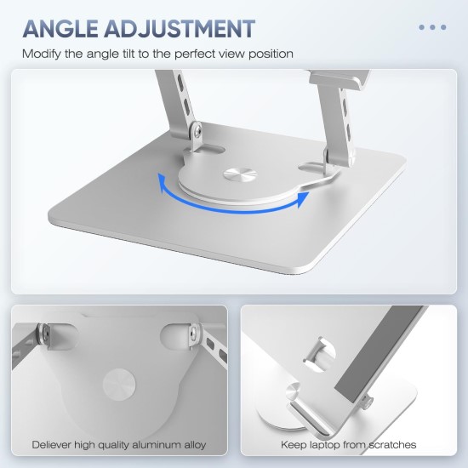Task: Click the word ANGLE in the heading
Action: point(60,29)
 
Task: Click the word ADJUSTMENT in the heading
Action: point(180,29)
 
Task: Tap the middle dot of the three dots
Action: point(432,27)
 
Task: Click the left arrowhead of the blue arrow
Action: point(163,181)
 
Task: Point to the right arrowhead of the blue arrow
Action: point(303,199)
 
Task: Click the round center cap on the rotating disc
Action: point(240,174)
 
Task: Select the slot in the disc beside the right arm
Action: point(312,166)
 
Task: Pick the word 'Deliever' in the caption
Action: point(52,445)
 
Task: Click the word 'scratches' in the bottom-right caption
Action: point(392,445)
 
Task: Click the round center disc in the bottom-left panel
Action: point(119,384)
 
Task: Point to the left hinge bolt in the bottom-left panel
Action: point(44,335)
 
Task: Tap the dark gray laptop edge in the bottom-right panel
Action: point(379,348)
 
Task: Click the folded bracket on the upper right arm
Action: point(339,79)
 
